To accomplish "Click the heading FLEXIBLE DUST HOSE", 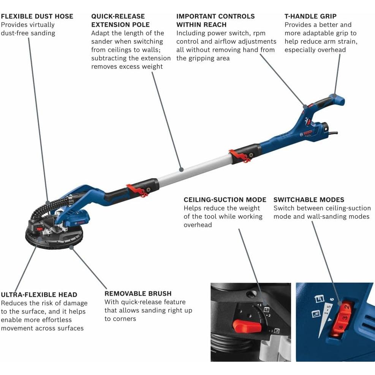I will (x=37, y=16).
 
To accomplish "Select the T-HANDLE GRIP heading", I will (x=310, y=16).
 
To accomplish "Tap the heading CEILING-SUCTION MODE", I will (x=225, y=200).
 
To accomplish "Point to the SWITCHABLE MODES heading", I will (x=309, y=200).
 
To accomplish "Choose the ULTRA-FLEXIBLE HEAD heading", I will (x=39, y=295).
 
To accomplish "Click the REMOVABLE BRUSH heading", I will (x=138, y=294).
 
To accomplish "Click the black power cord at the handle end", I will (x=334, y=133).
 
